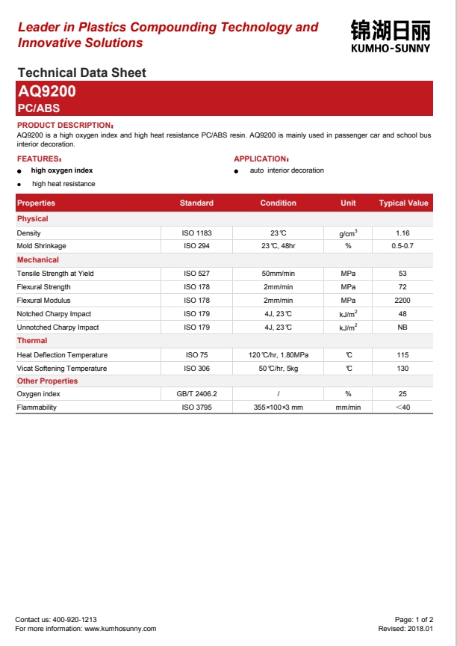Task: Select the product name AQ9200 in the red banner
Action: coord(46,92)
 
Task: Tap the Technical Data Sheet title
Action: coord(81,73)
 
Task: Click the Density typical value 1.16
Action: coord(402,233)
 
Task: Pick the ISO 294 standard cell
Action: coord(197,246)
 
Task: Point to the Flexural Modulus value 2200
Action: coord(402,301)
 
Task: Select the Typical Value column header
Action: coord(403,203)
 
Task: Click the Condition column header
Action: coord(278,203)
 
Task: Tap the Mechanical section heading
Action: coord(38,260)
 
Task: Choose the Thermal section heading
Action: coord(32,341)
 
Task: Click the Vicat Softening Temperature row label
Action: coord(62,369)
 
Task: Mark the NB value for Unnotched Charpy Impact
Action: coord(402,327)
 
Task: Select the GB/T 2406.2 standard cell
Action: coord(197,394)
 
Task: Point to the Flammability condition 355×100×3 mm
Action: coord(278,407)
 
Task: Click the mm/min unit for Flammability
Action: coord(348,407)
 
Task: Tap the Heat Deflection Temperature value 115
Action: coord(402,355)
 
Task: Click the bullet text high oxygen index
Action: coord(62,170)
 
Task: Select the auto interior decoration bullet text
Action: coord(287,170)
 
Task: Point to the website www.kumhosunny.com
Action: coord(120,629)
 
